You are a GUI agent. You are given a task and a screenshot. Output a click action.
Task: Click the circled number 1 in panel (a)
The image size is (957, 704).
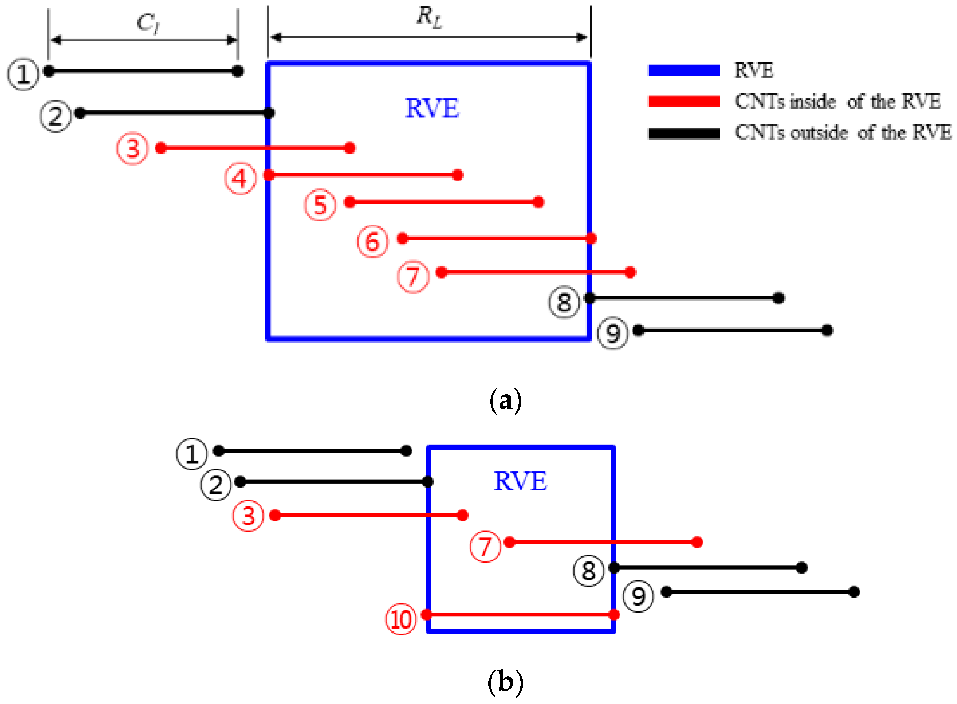point(23,74)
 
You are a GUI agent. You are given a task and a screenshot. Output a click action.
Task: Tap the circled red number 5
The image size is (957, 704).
point(320,205)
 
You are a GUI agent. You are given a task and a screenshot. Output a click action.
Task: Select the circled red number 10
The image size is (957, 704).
point(401,619)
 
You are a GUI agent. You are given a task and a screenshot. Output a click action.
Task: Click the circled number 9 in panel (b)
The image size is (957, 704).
point(638,596)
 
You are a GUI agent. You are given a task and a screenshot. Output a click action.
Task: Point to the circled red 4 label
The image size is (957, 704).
point(240,179)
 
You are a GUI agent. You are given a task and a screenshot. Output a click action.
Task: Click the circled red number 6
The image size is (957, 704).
point(372,241)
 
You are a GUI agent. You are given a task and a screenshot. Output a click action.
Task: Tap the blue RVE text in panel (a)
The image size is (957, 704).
point(432,108)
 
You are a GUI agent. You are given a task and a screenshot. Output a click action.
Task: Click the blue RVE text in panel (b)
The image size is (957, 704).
point(520,481)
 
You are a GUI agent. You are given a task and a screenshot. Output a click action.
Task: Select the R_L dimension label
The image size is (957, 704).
point(429,18)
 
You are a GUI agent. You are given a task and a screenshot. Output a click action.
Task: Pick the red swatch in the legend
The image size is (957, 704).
point(683,101)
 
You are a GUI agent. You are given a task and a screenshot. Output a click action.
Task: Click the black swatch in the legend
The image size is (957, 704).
point(683,133)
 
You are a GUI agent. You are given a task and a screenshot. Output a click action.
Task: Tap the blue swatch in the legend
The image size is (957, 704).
point(683,70)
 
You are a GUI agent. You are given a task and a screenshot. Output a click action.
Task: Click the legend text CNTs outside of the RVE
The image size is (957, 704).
point(842,133)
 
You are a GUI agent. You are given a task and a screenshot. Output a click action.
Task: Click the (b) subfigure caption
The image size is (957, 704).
point(505,682)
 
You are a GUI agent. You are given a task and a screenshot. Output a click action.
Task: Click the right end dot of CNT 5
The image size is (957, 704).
point(538,202)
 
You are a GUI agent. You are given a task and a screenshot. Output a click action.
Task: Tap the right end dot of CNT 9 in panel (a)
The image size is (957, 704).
point(827,330)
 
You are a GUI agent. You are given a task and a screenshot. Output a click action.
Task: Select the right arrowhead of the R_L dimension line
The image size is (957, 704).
point(581,38)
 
